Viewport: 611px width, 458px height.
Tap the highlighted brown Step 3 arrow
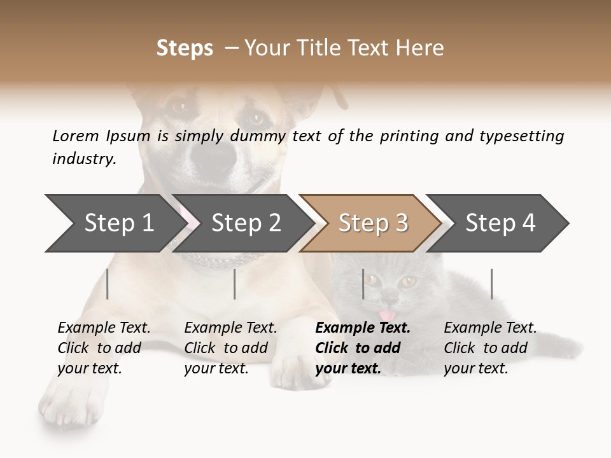point(370,223)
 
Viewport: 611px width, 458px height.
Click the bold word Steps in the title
point(185,48)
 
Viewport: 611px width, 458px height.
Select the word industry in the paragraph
point(83,159)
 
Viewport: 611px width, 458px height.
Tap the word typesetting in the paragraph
point(518,136)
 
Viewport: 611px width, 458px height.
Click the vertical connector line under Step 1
point(108,284)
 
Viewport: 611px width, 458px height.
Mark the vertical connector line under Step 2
point(235,284)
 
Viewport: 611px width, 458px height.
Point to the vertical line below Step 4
point(491,284)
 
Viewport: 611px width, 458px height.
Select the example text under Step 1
point(103,348)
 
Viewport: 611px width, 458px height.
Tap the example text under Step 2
point(230,348)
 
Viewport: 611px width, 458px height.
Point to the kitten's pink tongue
point(386,315)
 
